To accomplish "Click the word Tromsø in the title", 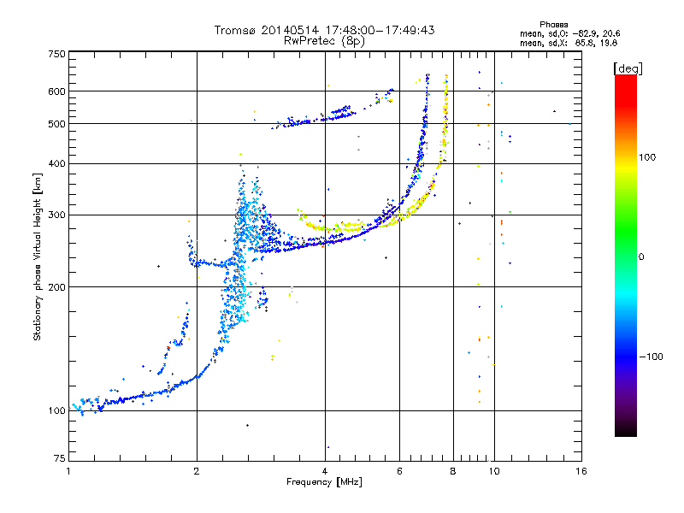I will tap(234, 30).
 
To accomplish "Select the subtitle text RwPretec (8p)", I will tap(325, 40).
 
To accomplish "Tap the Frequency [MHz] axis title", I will tap(325, 483).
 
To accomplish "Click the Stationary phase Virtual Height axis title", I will tap(38, 256).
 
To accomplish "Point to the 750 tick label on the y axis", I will tap(56, 53).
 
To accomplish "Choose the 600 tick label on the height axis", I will tap(56, 91).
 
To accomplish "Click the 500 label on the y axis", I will tap(56, 123).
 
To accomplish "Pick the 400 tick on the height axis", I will tap(56, 163).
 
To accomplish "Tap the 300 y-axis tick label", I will tap(56, 215).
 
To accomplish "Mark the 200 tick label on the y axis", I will tap(56, 286).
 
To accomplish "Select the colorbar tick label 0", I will tap(642, 256).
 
